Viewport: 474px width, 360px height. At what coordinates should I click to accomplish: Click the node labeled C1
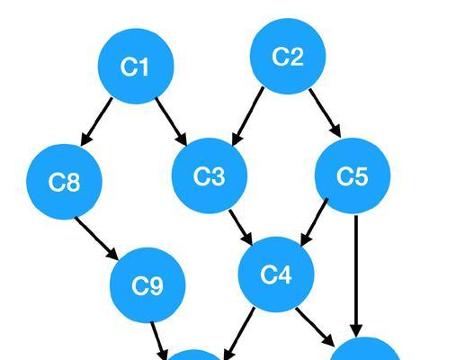click(x=136, y=67)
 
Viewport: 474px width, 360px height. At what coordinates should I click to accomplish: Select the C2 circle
click(x=288, y=57)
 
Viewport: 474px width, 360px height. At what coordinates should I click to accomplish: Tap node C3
click(x=210, y=175)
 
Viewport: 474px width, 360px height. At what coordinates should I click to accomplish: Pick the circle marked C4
click(x=276, y=274)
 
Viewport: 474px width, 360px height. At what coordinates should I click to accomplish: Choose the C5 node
click(x=353, y=175)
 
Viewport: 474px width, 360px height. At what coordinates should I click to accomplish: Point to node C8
click(x=65, y=182)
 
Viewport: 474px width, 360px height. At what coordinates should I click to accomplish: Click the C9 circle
click(x=148, y=285)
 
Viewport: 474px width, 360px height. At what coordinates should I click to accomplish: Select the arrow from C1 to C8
click(x=96, y=121)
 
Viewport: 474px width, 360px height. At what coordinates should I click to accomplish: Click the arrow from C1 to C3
click(x=171, y=121)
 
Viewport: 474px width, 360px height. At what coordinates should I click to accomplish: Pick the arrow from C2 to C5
click(x=325, y=113)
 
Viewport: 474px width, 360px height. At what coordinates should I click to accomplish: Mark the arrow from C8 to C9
click(x=96, y=238)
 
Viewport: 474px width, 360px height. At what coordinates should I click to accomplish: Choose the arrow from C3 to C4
click(x=241, y=228)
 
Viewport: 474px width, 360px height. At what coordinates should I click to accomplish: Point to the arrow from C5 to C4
click(x=315, y=222)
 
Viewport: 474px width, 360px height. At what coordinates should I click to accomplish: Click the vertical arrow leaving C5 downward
click(x=356, y=276)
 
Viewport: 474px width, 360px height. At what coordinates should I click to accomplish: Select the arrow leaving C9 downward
click(x=159, y=341)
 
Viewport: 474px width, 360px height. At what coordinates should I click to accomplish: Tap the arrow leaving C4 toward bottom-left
click(x=239, y=334)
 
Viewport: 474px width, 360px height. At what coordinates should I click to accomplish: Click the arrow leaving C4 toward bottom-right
click(x=315, y=327)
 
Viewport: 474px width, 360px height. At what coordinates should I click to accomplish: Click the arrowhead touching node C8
click(x=86, y=139)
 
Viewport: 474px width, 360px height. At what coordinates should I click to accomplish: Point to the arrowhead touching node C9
click(x=112, y=254)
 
